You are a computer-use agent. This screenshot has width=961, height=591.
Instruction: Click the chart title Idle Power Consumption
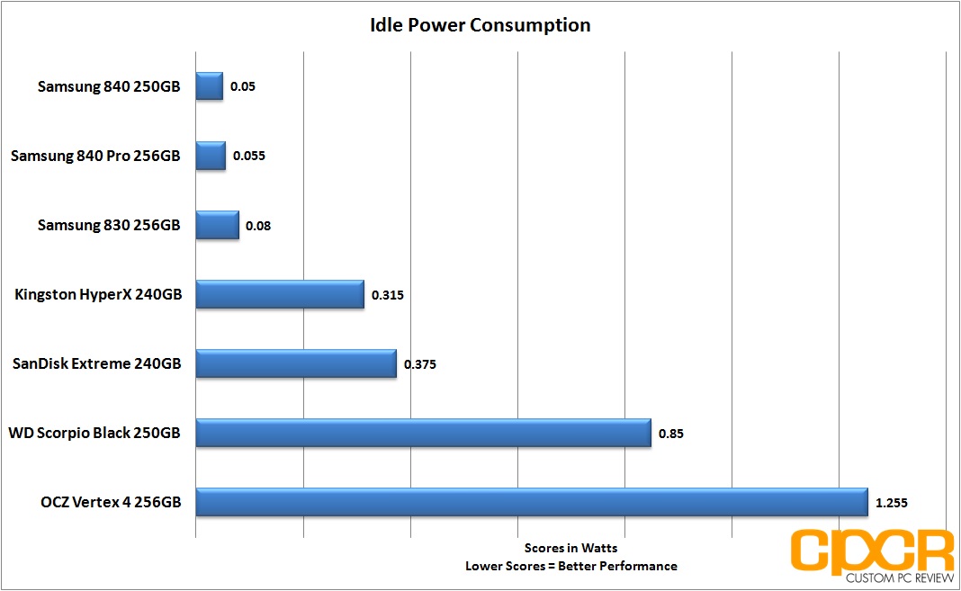tap(480, 25)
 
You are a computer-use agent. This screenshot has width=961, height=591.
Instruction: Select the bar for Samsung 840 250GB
tap(210, 86)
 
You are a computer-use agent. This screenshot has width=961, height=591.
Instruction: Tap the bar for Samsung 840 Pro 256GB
tap(211, 156)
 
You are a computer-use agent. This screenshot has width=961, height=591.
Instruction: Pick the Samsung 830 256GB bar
tap(218, 225)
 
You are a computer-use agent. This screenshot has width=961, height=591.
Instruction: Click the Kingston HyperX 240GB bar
tap(280, 294)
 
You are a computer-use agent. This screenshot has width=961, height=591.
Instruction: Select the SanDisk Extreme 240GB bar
tap(296, 363)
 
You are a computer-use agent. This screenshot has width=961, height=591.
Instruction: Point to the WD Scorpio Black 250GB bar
tap(424, 433)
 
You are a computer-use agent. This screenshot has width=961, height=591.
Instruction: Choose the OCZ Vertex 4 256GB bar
tap(532, 502)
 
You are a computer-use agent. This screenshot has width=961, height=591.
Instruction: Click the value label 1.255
tap(891, 503)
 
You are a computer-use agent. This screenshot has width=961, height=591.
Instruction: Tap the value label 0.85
tap(671, 434)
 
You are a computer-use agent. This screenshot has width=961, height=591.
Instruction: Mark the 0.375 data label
tap(420, 364)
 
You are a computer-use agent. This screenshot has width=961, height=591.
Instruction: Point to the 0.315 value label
tap(387, 295)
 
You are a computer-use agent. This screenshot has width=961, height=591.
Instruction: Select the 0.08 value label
tap(258, 226)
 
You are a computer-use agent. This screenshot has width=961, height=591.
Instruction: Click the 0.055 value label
tap(249, 156)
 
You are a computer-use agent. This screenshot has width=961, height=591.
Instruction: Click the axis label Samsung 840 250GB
tap(109, 86)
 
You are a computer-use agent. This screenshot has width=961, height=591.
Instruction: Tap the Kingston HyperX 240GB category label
tap(98, 294)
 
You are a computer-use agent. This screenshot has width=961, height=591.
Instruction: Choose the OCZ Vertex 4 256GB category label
tap(111, 502)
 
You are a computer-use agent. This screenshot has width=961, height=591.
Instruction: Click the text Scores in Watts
tap(570, 548)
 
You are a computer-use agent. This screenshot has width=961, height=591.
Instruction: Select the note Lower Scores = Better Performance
tap(571, 566)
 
